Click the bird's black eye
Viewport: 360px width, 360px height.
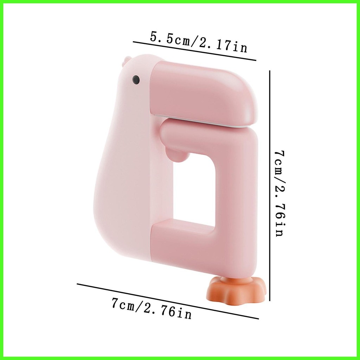tap(136, 79)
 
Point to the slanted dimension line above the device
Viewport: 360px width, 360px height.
tap(194, 51)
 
